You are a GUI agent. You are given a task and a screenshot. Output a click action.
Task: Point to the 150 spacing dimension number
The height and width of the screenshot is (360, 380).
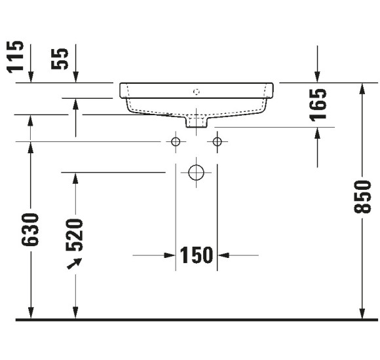tap(197, 255)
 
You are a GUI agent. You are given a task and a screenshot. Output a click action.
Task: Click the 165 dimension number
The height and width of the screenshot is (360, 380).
tap(318, 105)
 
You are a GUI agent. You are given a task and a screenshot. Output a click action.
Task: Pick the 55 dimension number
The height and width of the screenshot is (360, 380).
tap(61, 58)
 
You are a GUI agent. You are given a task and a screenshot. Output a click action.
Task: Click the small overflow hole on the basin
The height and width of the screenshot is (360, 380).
tap(196, 91)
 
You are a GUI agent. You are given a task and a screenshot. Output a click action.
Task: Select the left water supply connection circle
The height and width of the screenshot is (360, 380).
tap(175, 141)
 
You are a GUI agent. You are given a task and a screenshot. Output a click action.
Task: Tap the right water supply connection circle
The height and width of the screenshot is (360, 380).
tap(218, 141)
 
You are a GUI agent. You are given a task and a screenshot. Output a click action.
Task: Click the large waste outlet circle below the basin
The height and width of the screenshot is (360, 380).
tap(196, 173)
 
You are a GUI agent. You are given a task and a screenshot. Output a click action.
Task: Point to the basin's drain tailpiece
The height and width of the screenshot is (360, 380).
tap(196, 121)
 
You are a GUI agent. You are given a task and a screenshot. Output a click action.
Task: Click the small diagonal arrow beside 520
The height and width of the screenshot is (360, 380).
tap(75, 263)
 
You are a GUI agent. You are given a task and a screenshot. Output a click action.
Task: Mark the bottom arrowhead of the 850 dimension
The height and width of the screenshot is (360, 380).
tap(360, 313)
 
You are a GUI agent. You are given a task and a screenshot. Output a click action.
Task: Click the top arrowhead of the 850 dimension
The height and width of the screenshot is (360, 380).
tap(360, 90)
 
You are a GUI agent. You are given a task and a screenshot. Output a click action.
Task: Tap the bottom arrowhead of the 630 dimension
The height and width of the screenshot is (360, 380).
tap(30, 313)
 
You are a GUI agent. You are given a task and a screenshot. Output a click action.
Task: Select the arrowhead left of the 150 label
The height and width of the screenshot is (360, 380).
tap(168, 255)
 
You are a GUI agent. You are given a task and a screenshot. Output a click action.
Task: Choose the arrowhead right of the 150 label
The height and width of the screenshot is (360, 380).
tap(224, 255)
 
